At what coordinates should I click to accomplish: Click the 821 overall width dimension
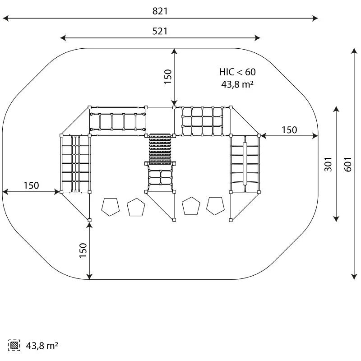pyautogui.click(x=160, y=11)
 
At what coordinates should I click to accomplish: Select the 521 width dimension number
pyautogui.click(x=160, y=31)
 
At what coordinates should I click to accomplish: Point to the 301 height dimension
pyautogui.click(x=328, y=164)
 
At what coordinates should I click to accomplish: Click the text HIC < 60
pyautogui.click(x=237, y=72)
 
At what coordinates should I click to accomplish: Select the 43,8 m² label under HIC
pyautogui.click(x=237, y=84)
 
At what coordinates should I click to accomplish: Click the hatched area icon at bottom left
pyautogui.click(x=14, y=345)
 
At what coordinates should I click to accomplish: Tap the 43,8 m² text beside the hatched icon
pyautogui.click(x=42, y=346)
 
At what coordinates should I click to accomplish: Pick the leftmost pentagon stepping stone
pyautogui.click(x=111, y=207)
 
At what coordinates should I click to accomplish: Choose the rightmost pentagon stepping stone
pyautogui.click(x=215, y=206)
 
